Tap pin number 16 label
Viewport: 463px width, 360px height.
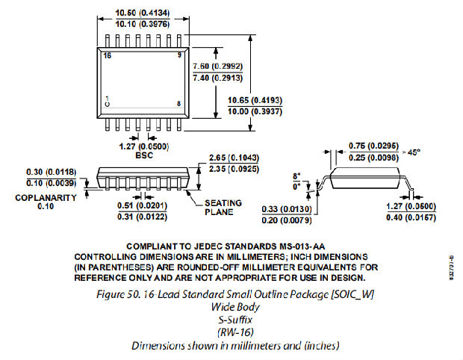pos(108,56)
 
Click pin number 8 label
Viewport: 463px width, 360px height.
pos(178,103)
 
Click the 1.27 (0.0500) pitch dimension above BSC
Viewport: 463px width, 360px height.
pos(134,147)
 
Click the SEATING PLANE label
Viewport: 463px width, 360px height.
pos(219,207)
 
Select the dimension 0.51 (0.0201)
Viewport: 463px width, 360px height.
pos(142,204)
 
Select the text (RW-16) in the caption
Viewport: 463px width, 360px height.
pos(236,332)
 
